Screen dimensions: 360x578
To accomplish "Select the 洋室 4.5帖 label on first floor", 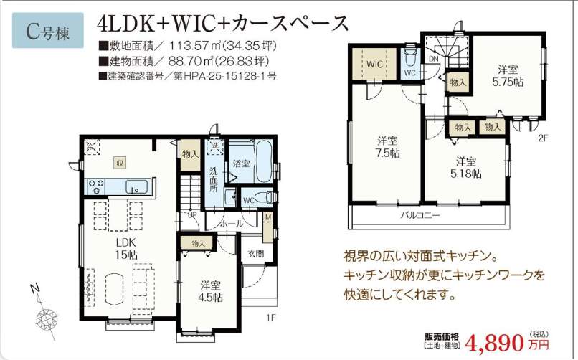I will (x=210, y=291).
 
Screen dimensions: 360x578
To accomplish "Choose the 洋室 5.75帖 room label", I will (x=509, y=75).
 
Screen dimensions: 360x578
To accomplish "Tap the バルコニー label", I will (x=420, y=214).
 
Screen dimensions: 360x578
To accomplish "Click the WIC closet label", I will (x=374, y=64).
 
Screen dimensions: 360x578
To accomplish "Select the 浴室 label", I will (x=241, y=164).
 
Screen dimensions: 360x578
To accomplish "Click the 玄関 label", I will (x=256, y=254).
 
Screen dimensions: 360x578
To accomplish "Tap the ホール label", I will (x=230, y=224).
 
